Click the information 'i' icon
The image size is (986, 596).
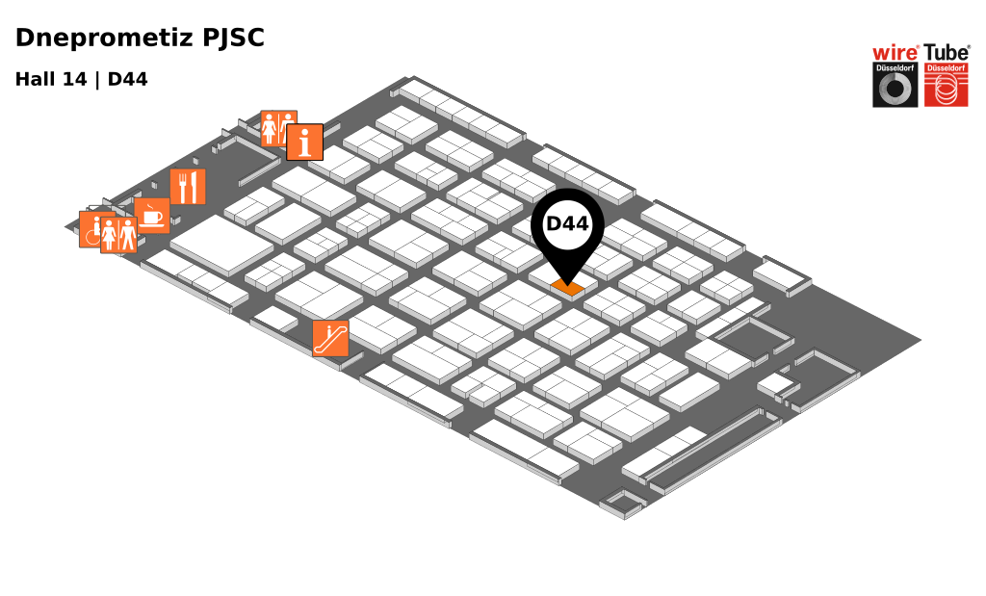click(304, 143)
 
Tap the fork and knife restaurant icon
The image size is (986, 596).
click(188, 187)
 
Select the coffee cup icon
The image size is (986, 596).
click(152, 217)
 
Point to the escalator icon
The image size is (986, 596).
click(330, 338)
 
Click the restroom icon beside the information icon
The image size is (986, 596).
click(276, 127)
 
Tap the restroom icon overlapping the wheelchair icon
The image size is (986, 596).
click(118, 235)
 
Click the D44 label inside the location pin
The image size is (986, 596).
click(567, 223)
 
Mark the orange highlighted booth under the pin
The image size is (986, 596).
click(567, 287)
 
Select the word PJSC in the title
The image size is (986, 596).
click(233, 39)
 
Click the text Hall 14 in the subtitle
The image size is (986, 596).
click(50, 80)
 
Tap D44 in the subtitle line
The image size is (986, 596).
click(127, 80)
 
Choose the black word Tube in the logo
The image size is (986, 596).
click(947, 53)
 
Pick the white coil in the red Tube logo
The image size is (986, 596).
click(946, 90)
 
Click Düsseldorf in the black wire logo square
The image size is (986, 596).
click(895, 68)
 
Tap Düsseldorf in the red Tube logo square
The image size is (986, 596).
click(946, 68)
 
